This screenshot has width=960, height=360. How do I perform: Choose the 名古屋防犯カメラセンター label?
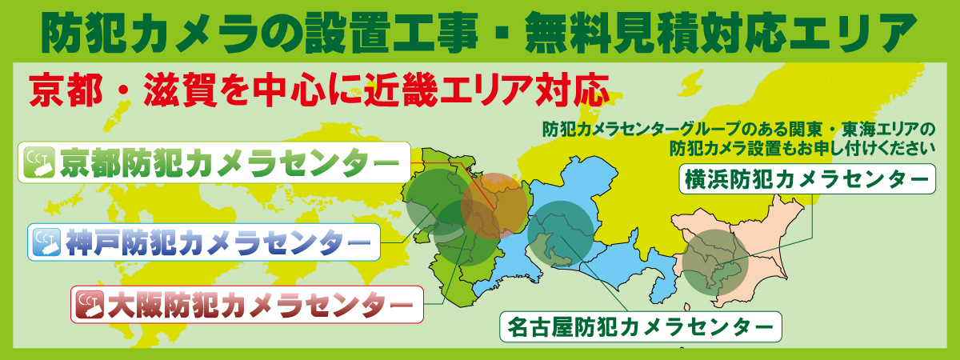pyautogui.click(x=640, y=326)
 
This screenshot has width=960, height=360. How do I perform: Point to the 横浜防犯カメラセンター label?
pyautogui.click(x=806, y=178)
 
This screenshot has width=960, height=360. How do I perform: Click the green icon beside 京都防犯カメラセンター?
pyautogui.click(x=39, y=163)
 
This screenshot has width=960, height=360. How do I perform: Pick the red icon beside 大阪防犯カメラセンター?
pyautogui.click(x=89, y=304)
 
